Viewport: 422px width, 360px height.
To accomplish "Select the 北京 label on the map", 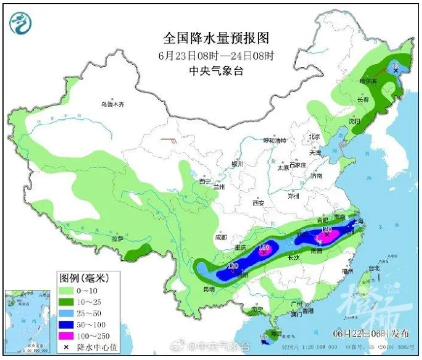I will tap(314, 137).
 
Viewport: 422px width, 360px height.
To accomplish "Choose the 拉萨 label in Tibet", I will tap(117, 238).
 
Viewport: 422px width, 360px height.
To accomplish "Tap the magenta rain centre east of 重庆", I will tap(265, 250).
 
